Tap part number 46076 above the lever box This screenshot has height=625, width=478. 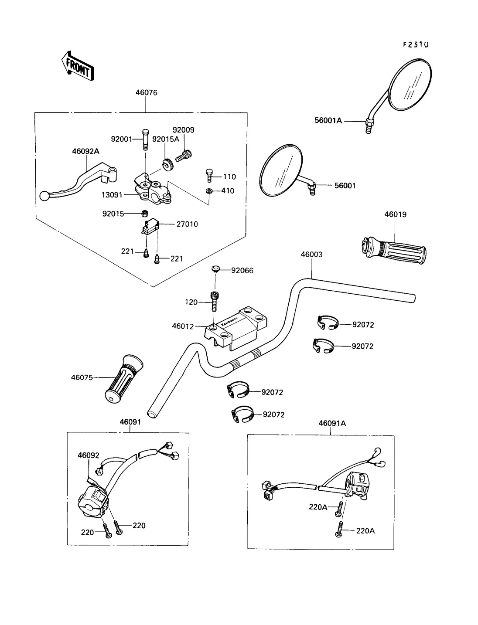(147, 93)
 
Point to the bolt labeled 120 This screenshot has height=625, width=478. (214, 301)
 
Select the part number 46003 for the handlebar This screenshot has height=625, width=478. (311, 255)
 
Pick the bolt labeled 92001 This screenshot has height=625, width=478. (145, 139)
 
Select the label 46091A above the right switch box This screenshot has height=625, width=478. (332, 423)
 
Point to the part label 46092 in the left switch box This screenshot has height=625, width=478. (89, 455)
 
